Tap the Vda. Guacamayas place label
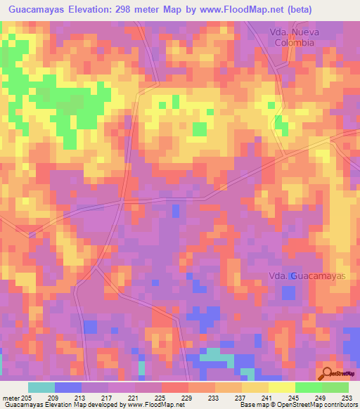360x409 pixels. tap(309, 276)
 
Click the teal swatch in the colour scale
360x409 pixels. tap(41, 387)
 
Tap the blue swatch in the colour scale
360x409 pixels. tap(68, 387)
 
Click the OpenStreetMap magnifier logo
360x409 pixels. tap(327, 373)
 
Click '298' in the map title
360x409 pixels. tap(135, 9)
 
